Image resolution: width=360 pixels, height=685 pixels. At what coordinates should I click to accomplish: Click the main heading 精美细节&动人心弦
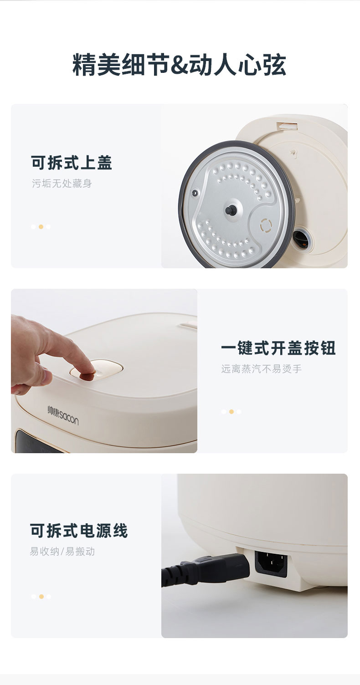pos(179,65)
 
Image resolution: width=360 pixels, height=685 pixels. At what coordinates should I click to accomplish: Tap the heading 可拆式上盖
pos(72,163)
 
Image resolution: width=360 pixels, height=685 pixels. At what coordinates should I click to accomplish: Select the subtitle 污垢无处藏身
pos(62,184)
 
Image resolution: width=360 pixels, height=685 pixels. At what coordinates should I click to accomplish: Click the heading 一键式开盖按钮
pos(278,348)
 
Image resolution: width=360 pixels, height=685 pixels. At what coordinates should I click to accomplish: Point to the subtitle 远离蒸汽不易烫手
pos(262,369)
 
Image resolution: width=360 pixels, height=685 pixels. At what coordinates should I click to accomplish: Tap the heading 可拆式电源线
pos(79,531)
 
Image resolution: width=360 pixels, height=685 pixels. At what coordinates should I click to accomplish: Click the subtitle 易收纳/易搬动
pos(62,552)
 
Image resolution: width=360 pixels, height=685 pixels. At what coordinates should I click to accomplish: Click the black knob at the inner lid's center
pos(230,210)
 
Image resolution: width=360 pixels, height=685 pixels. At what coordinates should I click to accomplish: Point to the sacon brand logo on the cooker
pos(63,415)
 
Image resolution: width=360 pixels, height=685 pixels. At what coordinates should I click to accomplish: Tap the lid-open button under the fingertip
pos(96,369)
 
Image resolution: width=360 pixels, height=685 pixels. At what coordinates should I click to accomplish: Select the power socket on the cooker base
pos(271,563)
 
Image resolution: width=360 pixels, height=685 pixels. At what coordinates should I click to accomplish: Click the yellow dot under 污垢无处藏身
pos(41,227)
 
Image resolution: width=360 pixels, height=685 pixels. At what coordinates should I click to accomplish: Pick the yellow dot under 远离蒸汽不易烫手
pos(231,412)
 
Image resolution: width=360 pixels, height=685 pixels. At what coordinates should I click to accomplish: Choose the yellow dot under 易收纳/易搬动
pos(41,596)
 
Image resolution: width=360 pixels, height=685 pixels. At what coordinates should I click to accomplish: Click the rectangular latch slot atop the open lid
pos(287,126)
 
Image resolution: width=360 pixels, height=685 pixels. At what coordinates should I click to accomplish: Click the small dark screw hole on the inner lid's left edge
pos(194,193)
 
